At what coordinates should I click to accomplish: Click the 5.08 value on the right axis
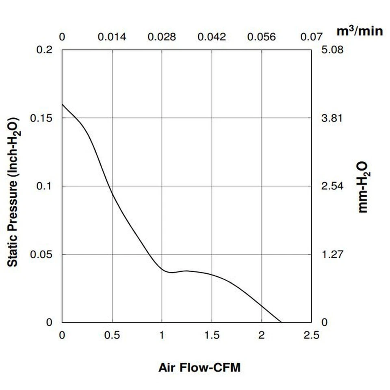click(333, 50)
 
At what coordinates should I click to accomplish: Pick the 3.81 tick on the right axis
click(333, 118)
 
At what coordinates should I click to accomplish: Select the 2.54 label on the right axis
click(333, 186)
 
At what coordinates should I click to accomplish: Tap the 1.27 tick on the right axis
click(333, 255)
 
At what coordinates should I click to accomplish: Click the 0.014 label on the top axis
click(112, 37)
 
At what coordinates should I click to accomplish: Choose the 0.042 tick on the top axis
click(212, 37)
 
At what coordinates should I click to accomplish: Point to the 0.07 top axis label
click(311, 37)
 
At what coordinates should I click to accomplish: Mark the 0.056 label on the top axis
click(261, 37)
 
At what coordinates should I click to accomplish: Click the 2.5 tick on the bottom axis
click(311, 336)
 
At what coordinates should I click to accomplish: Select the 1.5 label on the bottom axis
click(212, 336)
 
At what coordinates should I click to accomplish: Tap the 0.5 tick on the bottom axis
click(112, 336)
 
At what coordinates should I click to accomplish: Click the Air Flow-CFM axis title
click(199, 368)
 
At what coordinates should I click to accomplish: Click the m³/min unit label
click(360, 31)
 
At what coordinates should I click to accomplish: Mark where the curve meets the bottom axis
click(281, 323)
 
